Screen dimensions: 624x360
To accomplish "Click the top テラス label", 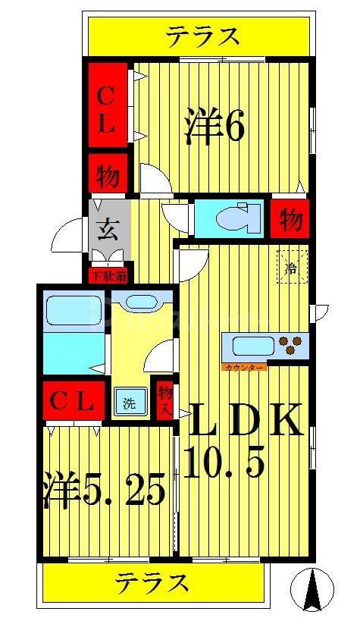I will pyautogui.click(x=204, y=36).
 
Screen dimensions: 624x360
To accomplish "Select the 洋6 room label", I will pyautogui.click(x=214, y=126).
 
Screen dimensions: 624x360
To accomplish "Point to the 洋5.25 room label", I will pyautogui.click(x=104, y=491).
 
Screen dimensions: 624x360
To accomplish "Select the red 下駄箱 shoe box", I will pyautogui.click(x=108, y=276).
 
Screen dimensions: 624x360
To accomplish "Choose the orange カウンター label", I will pyautogui.click(x=245, y=367).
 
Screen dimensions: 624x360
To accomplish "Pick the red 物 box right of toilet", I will pyautogui.click(x=291, y=218).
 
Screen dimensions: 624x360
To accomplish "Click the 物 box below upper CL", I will pyautogui.click(x=107, y=177).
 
